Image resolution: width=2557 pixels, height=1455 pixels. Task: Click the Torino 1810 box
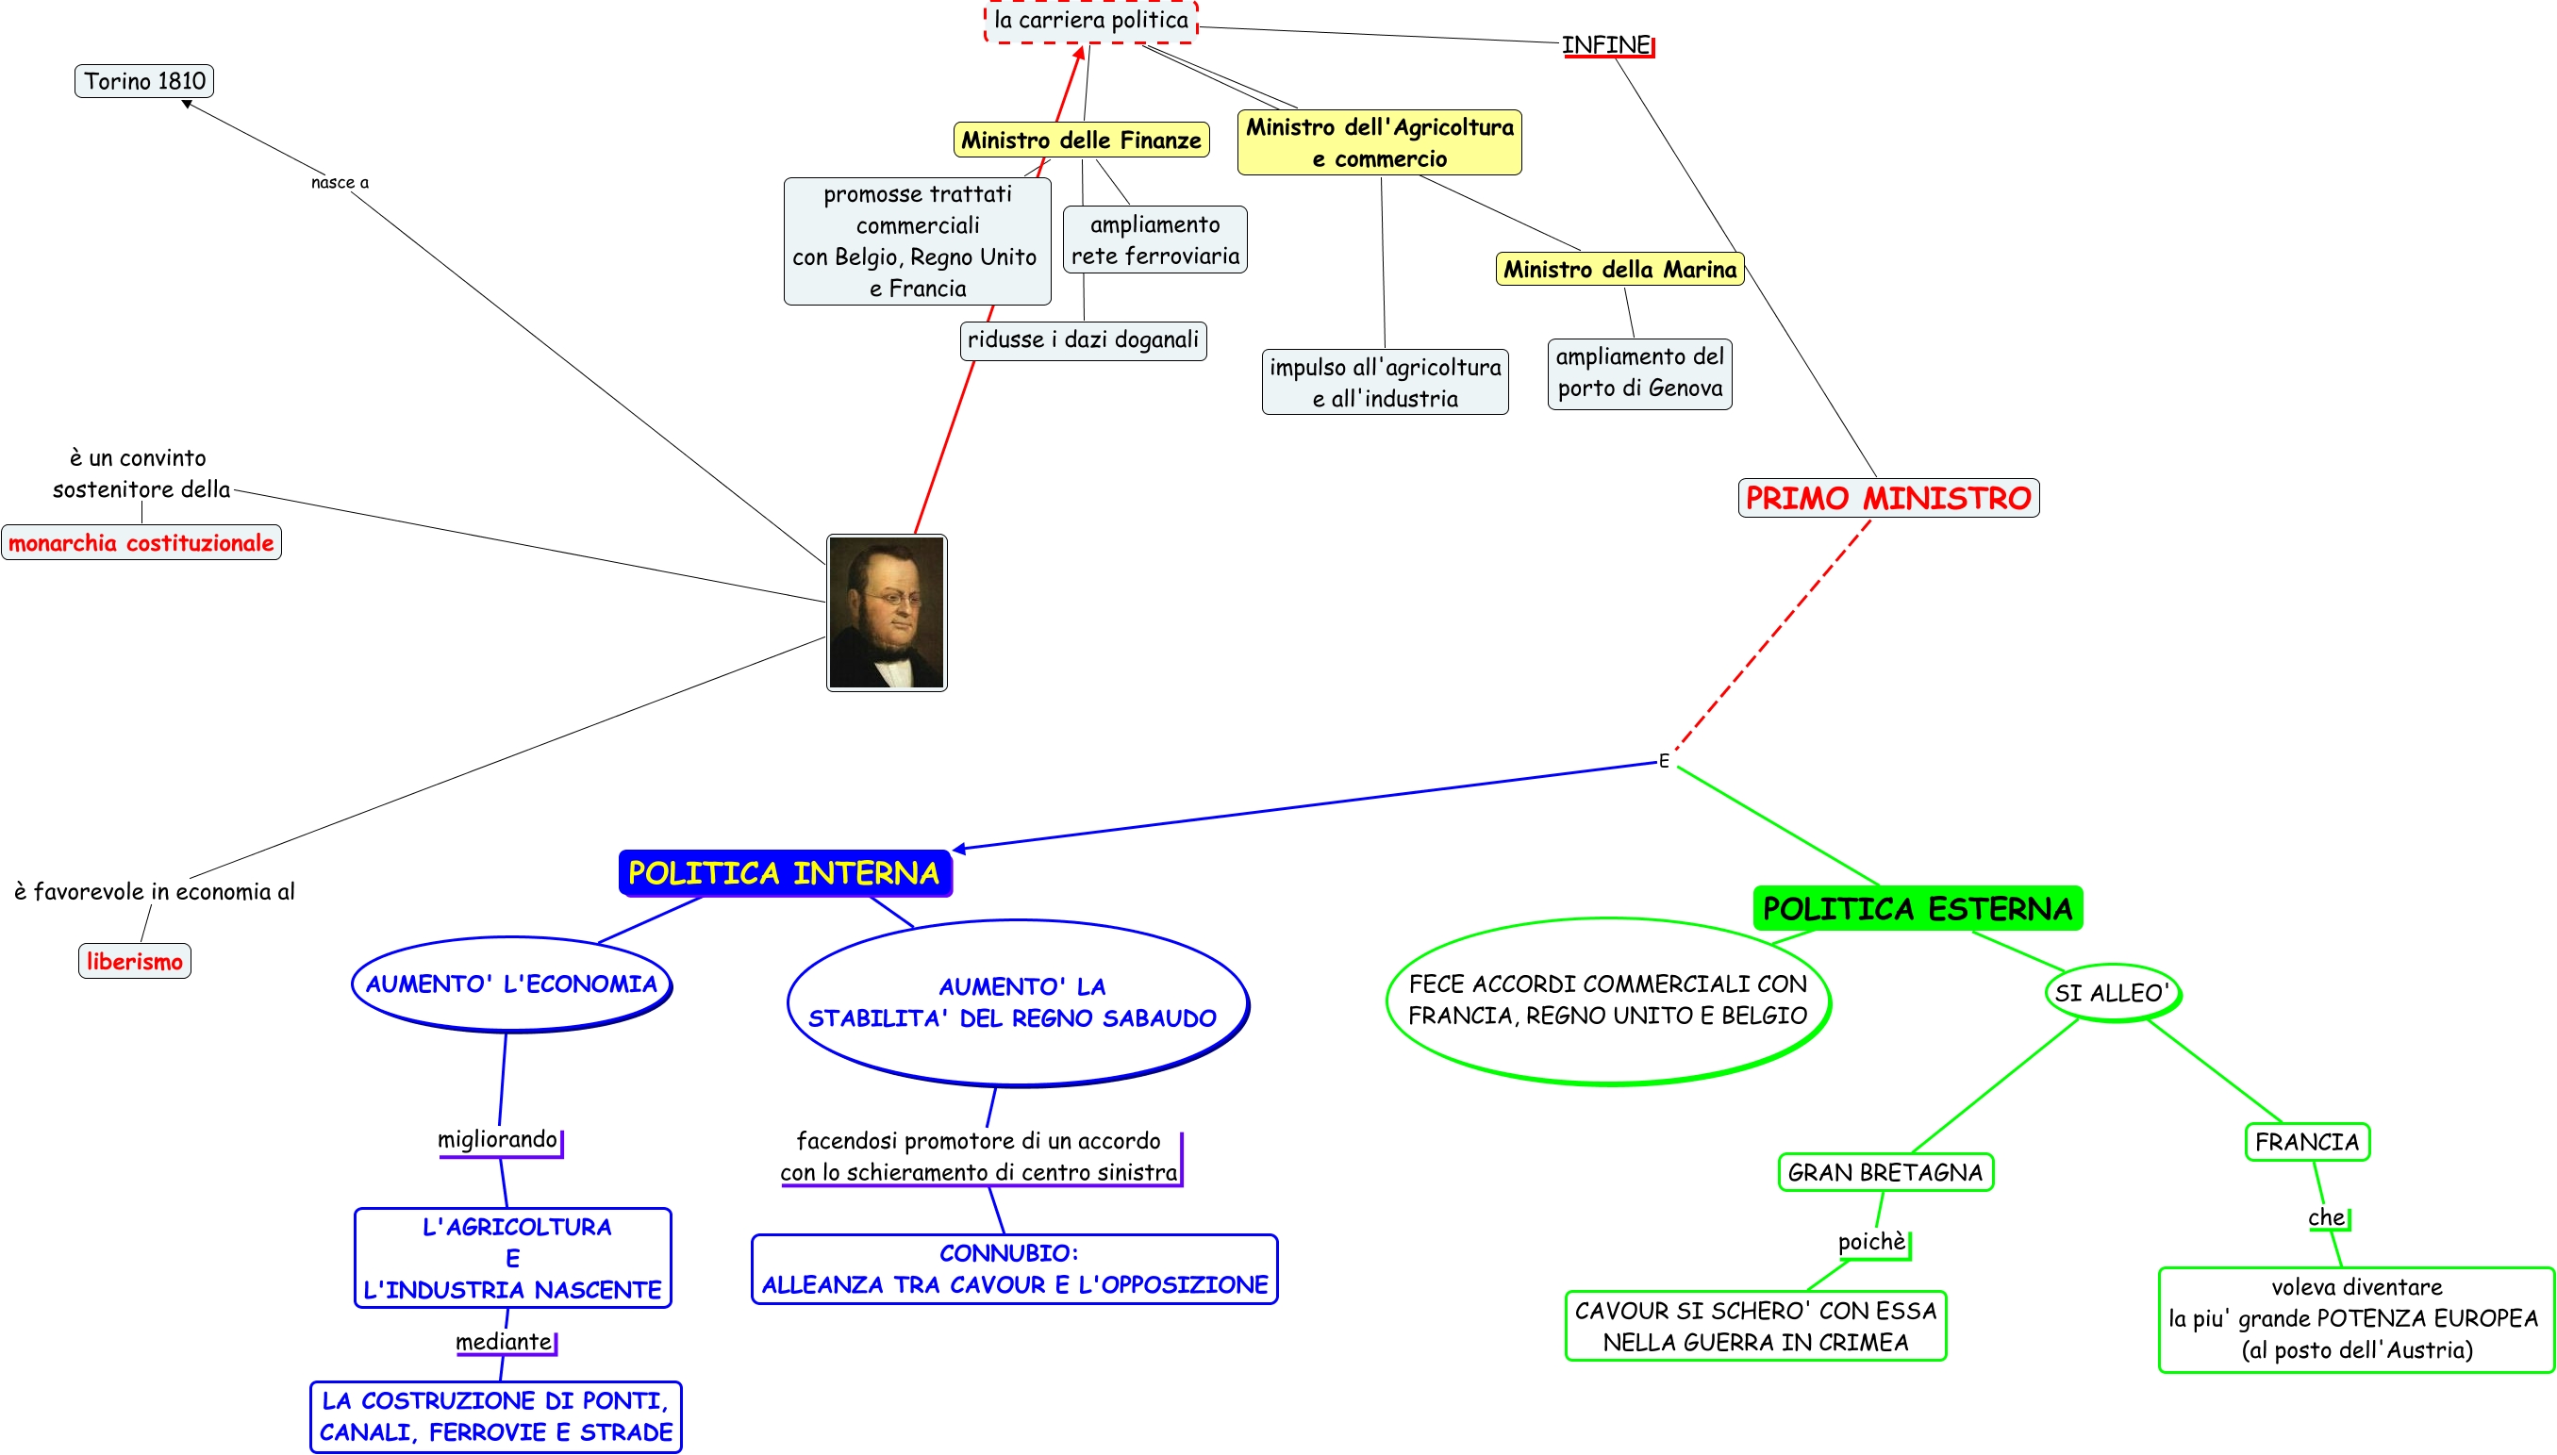point(144,81)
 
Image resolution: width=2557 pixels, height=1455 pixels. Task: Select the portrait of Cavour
point(887,613)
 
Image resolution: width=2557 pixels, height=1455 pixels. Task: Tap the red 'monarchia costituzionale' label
point(141,542)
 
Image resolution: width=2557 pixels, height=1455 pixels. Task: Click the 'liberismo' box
point(134,961)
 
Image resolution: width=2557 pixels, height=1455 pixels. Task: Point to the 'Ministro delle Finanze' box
point(1081,140)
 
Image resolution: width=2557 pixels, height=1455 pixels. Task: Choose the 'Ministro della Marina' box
point(1619,269)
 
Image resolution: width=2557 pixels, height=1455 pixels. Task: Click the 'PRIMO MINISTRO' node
point(1887,498)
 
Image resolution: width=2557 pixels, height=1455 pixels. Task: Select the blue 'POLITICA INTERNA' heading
point(785,873)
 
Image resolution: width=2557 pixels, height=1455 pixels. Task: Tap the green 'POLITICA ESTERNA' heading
point(1918,908)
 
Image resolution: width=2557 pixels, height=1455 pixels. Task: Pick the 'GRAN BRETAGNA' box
point(1885,1172)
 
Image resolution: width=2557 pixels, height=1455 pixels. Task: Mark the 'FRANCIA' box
point(2306,1141)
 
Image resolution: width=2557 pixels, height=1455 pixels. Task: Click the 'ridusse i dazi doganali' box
point(1082,339)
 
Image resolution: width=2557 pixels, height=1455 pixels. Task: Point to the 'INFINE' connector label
point(1605,45)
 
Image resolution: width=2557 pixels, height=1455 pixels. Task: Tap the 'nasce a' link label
point(340,182)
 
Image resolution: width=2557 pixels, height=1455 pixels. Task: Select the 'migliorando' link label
point(498,1139)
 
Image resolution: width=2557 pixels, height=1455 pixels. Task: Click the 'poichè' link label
point(1871,1241)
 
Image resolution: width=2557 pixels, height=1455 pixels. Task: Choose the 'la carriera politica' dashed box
point(1090,21)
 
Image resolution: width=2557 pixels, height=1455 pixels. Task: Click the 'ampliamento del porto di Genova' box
point(1638,372)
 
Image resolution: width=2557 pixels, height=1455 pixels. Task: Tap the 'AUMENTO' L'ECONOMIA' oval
point(511,984)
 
